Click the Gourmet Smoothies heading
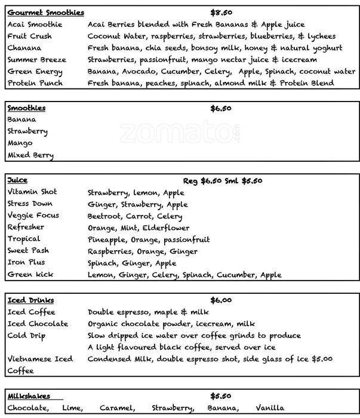pos(45,13)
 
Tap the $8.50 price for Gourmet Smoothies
pos(221,13)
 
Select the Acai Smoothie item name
pos(35,24)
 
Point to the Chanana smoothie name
pos(24,48)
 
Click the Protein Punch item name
pos(35,83)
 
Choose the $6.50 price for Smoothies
pos(221,108)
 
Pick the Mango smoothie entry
pos(20,143)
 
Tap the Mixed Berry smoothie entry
pos(30,155)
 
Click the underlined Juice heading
pos(17,180)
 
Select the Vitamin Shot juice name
pos(32,192)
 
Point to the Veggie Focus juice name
pos(33,216)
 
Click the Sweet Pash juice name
pos(28,251)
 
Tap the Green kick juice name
pos(30,275)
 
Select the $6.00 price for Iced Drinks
pos(221,300)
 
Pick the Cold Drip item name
pos(26,336)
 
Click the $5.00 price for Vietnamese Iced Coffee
pos(322,359)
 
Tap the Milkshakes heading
pos(29,396)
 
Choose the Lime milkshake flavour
pos(72,408)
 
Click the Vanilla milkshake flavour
pos(269,408)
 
